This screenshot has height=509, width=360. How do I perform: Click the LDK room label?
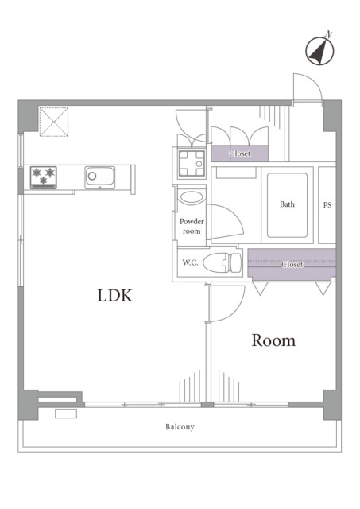(x=114, y=295)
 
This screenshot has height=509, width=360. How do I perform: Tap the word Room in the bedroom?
(x=273, y=340)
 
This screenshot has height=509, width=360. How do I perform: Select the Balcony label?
(x=180, y=427)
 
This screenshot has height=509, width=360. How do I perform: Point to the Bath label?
(x=287, y=204)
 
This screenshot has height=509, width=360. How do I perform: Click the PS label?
(x=327, y=205)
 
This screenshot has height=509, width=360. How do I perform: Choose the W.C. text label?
(x=190, y=262)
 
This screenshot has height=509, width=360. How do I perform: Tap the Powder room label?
(x=192, y=226)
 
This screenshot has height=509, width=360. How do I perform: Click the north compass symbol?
(x=319, y=51)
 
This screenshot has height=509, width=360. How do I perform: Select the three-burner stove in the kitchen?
(x=44, y=177)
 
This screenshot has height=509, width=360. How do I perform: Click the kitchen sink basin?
(x=99, y=177)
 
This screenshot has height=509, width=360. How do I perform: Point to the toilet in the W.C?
(x=223, y=262)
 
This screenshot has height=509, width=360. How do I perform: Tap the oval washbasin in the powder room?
(x=192, y=197)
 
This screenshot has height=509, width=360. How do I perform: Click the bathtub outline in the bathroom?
(x=287, y=205)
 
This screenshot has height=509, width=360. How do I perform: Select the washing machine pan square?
(x=192, y=163)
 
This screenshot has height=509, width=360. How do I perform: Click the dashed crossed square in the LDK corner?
(x=54, y=122)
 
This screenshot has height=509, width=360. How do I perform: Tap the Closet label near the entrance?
(x=240, y=153)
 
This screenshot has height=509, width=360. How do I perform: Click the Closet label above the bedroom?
(x=292, y=265)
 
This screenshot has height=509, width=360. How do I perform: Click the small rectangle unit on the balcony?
(x=66, y=414)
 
